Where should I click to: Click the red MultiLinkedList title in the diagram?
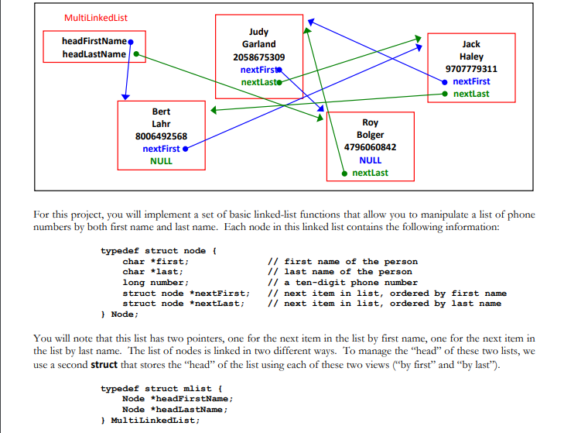tap(97, 17)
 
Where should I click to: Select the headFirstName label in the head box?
tap(93, 40)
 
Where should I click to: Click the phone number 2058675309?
tap(258, 57)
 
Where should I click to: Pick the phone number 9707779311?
tap(471, 69)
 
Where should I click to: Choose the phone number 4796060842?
tap(370, 147)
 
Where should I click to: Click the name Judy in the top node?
tap(258, 33)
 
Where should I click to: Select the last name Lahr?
tap(161, 124)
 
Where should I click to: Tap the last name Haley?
tap(471, 57)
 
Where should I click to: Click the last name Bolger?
tap(370, 135)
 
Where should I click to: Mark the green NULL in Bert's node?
tap(161, 161)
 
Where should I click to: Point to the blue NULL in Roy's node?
tap(370, 160)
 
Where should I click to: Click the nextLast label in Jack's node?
tap(471, 94)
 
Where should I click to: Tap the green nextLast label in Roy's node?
tap(370, 173)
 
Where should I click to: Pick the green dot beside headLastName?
tap(135, 54)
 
